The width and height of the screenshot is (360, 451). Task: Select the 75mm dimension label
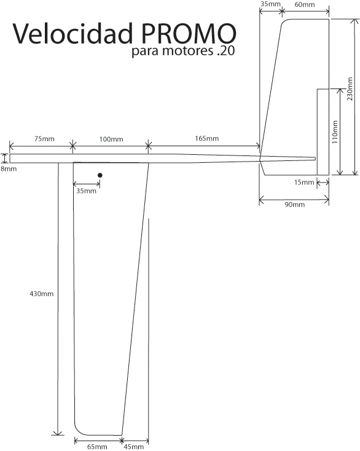(44, 139)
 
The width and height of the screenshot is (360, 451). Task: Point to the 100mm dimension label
(111, 139)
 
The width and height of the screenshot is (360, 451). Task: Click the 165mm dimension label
(207, 138)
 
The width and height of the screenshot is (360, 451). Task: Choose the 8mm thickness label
(9, 168)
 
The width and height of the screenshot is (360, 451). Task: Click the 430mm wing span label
(42, 294)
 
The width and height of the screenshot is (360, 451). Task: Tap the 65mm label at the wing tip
(97, 447)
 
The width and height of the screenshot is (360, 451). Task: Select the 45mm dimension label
(134, 447)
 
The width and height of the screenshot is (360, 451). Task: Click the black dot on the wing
(100, 175)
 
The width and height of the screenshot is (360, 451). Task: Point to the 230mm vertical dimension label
(350, 89)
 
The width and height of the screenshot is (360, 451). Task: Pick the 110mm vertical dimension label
(335, 132)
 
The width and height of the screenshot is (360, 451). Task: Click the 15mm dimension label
(304, 182)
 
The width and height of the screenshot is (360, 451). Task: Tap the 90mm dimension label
(294, 204)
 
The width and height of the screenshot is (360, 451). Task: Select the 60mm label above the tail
(305, 4)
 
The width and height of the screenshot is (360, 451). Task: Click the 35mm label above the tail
(270, 4)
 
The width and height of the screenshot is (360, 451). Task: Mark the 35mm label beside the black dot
(86, 190)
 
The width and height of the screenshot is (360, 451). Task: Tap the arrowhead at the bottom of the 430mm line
(58, 433)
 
